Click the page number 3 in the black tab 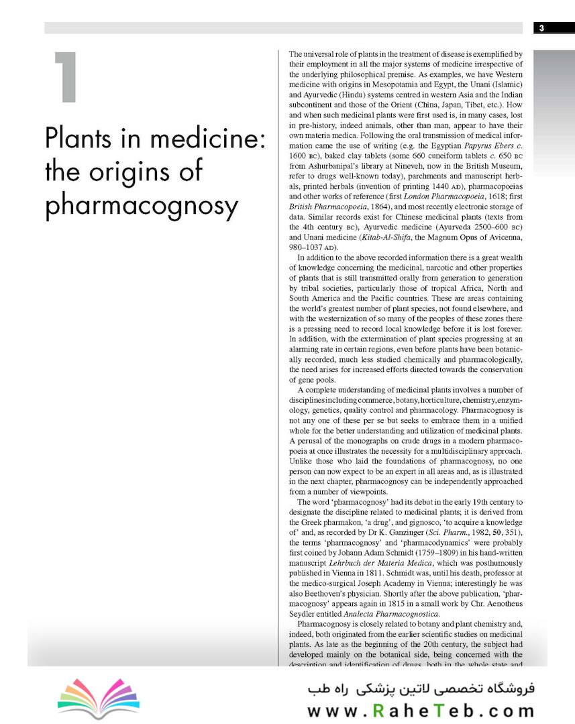(541, 27)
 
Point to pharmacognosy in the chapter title (142, 206)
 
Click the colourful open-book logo (99, 699)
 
